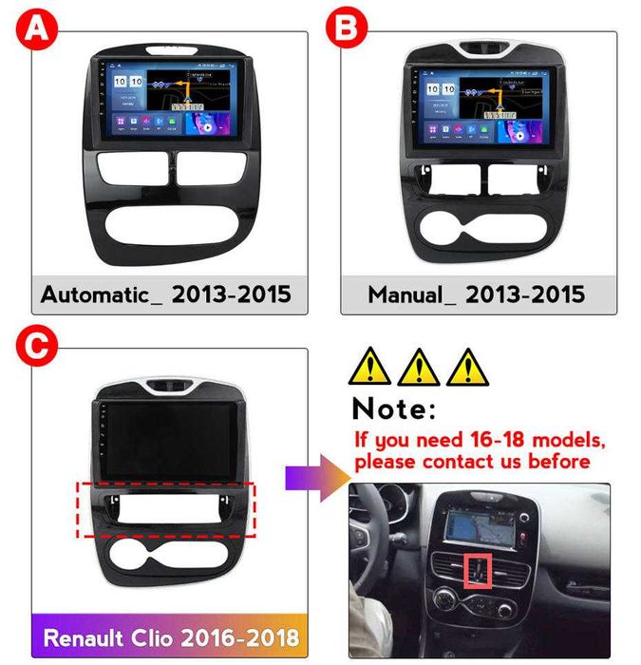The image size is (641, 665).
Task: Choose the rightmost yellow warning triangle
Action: tap(465, 366)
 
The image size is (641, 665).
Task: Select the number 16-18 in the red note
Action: tap(485, 440)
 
